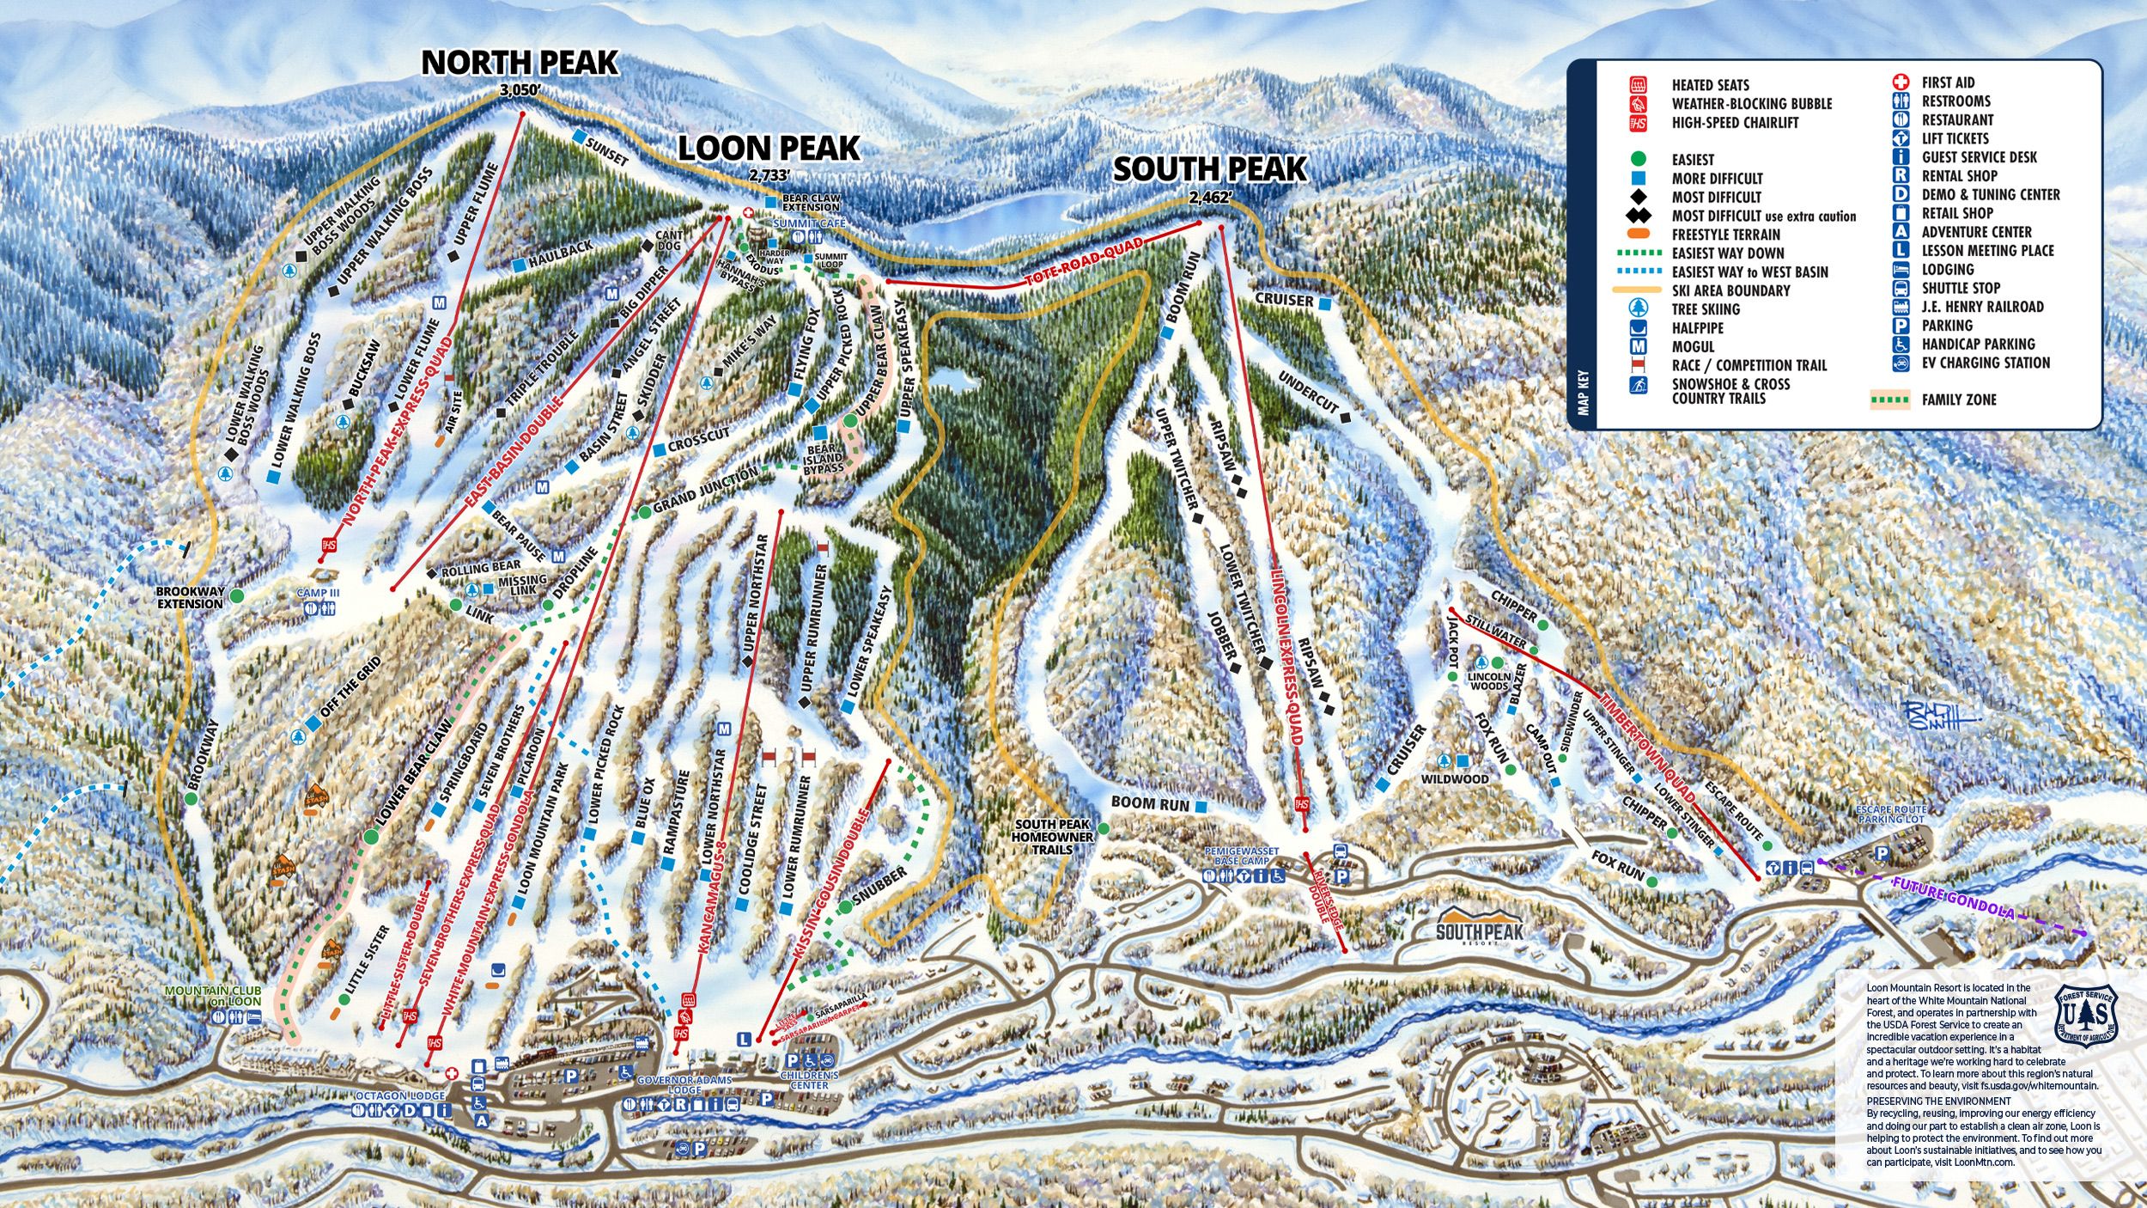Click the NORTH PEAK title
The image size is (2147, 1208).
(x=520, y=63)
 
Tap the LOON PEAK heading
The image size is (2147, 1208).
(x=769, y=149)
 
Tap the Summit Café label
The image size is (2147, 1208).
(x=809, y=223)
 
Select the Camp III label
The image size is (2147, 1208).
(x=319, y=593)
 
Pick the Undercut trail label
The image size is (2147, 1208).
(x=1307, y=392)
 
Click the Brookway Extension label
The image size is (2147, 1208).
(x=190, y=597)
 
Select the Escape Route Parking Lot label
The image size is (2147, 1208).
(x=1891, y=814)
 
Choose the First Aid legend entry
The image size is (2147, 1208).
(x=1948, y=82)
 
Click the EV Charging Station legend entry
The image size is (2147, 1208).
(x=1985, y=363)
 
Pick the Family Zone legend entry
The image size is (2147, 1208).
(x=1957, y=400)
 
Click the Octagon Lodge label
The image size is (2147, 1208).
(x=400, y=1096)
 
